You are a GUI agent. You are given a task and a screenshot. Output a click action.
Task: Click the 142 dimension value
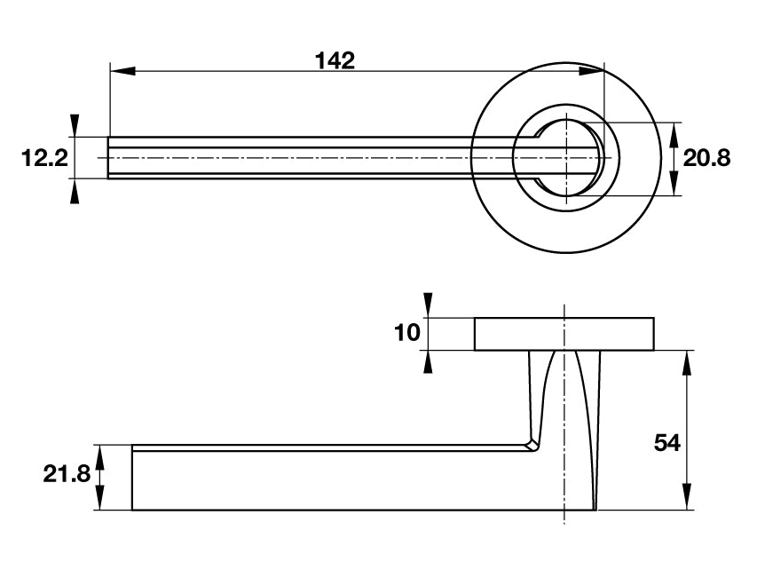(x=335, y=60)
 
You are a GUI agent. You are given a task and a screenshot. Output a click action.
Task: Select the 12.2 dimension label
(x=44, y=159)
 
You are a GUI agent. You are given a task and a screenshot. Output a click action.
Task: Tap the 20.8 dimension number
(x=707, y=159)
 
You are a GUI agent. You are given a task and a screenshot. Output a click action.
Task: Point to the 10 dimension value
(x=406, y=333)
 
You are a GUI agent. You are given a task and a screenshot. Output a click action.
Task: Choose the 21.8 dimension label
(x=67, y=474)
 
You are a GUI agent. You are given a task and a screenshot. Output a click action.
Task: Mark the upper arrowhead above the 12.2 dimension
(x=75, y=125)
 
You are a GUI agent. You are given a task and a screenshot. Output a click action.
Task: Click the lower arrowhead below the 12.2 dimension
(x=75, y=190)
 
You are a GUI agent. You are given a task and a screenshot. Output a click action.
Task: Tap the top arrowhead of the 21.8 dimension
(x=99, y=456)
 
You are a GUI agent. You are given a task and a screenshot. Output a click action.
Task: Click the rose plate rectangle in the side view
(x=565, y=334)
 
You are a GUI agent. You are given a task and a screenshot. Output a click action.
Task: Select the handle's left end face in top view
(x=109, y=158)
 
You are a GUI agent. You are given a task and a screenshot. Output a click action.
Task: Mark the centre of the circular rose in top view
(x=565, y=158)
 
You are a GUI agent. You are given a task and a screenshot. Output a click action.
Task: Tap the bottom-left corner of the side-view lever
(x=132, y=510)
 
